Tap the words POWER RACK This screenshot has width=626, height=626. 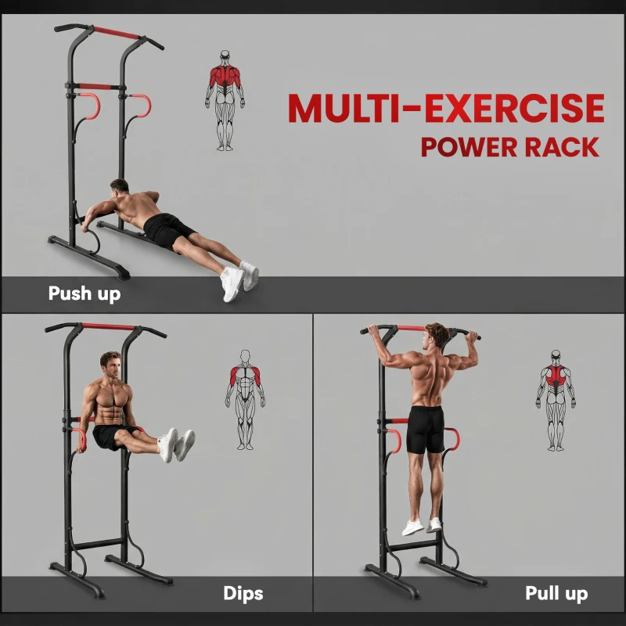510,147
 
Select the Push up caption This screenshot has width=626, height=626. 85,295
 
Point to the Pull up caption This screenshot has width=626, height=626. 556,594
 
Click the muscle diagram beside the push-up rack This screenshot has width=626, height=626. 225,100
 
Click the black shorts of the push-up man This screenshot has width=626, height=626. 167,229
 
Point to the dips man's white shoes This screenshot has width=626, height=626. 178,444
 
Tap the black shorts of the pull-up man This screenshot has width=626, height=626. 426,430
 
